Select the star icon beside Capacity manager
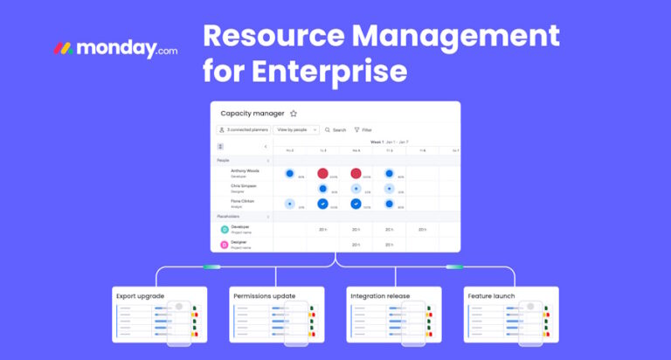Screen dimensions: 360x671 pos(294,113)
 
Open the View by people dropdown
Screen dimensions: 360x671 pos(295,129)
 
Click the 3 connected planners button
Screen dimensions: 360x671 pos(243,129)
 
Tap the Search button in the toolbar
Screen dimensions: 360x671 pos(335,129)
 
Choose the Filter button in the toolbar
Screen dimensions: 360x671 pos(363,129)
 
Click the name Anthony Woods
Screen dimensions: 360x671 pos(246,171)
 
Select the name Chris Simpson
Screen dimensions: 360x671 pos(246,186)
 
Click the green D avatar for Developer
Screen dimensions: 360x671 pos(225,230)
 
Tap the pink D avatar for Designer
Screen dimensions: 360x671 pos(225,245)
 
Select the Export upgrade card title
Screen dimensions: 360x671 pos(141,295)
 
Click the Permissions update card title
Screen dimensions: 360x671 pos(265,295)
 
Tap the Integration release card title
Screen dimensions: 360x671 pos(381,295)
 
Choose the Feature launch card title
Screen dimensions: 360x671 pos(492,295)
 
